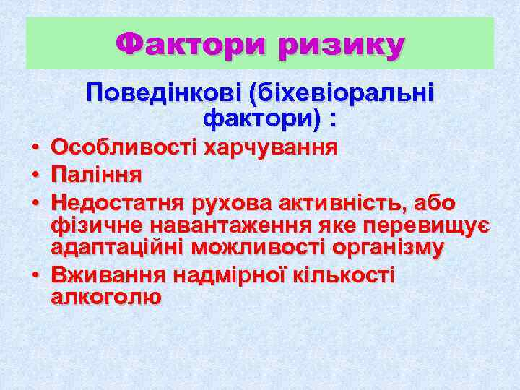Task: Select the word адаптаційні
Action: pyautogui.click(x=118, y=248)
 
